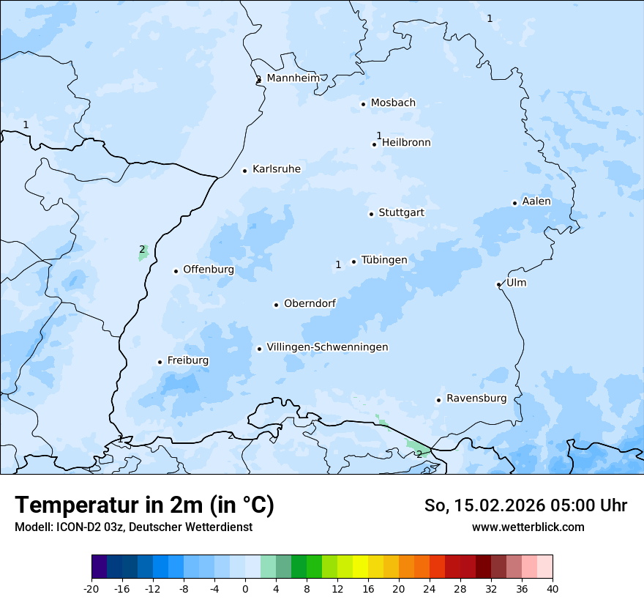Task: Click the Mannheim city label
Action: pyautogui.click(x=293, y=78)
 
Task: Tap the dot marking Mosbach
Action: pyautogui.click(x=363, y=104)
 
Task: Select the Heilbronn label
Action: pyautogui.click(x=406, y=143)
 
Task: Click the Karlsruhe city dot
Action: pyautogui.click(x=245, y=171)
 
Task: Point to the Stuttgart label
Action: pyautogui.click(x=401, y=212)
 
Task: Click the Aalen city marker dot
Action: pyautogui.click(x=514, y=203)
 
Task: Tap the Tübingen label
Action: pyautogui.click(x=384, y=260)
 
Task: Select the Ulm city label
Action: pyautogui.click(x=516, y=283)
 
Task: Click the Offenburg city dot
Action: pyautogui.click(x=176, y=271)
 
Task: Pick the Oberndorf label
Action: pyautogui.click(x=310, y=303)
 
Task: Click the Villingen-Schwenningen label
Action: pyautogui.click(x=327, y=347)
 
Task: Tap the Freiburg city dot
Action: pyautogui.click(x=160, y=362)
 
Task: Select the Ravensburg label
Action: pyautogui.click(x=476, y=398)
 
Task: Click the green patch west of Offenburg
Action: pyautogui.click(x=143, y=253)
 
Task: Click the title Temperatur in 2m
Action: pyautogui.click(x=144, y=505)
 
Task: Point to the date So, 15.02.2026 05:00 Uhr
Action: pyautogui.click(x=525, y=505)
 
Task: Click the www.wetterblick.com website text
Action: pyautogui.click(x=528, y=527)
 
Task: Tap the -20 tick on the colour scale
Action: pyautogui.click(x=91, y=589)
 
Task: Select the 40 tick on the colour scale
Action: pyautogui.click(x=553, y=589)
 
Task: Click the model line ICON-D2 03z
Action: pyautogui.click(x=133, y=527)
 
